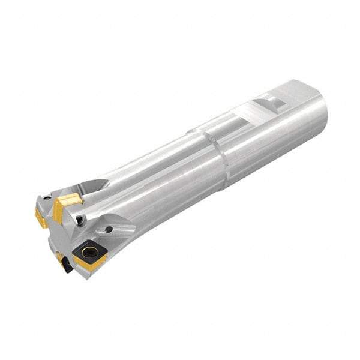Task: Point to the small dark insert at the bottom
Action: [65, 264]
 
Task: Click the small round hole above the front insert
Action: [109, 229]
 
